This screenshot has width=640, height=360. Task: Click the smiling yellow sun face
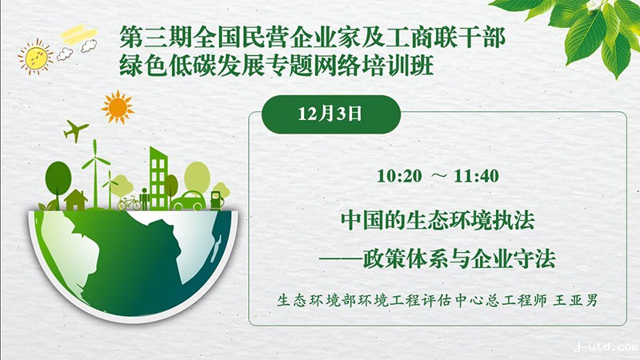[35, 57]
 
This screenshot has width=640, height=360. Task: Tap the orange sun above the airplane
[118, 107]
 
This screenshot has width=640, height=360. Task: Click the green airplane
[75, 130]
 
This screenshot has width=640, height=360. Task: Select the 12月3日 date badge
[330, 114]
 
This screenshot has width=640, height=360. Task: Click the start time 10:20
[399, 176]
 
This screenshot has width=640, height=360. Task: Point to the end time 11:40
[476, 176]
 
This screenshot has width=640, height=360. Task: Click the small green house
[75, 200]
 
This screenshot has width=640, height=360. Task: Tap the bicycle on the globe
[130, 203]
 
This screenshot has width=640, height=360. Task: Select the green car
[188, 201]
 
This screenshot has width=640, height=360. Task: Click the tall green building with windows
[158, 178]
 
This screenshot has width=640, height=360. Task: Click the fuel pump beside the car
[216, 201]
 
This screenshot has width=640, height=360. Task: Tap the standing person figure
[144, 198]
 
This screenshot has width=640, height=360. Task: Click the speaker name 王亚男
[575, 301]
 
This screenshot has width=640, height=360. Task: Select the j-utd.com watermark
[606, 347]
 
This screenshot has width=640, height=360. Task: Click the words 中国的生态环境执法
[438, 221]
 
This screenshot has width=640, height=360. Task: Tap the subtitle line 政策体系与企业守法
[459, 258]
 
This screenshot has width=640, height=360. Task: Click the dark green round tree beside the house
[58, 179]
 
